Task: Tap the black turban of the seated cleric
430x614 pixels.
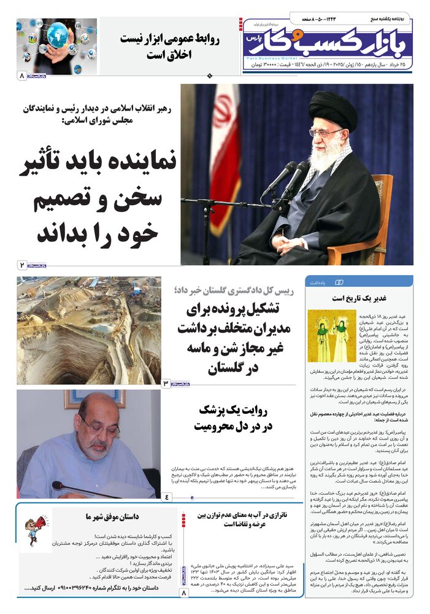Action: [x=333, y=111]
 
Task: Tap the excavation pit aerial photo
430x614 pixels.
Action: [x=88, y=330]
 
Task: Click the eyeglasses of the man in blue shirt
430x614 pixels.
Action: [x=98, y=426]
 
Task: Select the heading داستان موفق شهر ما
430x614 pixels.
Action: [x=112, y=518]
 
